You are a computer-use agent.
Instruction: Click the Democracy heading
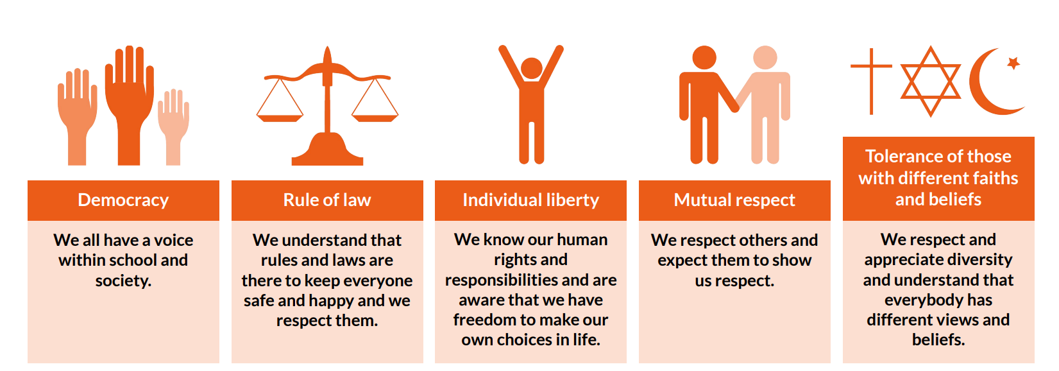(x=123, y=200)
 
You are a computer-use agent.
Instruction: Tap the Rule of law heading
(x=327, y=200)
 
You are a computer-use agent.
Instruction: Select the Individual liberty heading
(x=531, y=200)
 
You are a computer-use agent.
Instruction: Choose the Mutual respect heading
(x=734, y=200)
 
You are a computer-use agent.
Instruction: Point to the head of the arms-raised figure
(x=531, y=68)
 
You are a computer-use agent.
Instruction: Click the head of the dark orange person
(x=704, y=58)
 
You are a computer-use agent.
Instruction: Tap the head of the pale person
(x=765, y=58)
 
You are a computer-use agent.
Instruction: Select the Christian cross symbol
(x=871, y=81)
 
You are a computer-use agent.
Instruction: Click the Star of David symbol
(x=931, y=81)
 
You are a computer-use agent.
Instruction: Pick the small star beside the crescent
(x=1013, y=63)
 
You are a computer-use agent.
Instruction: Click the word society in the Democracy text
(x=123, y=280)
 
